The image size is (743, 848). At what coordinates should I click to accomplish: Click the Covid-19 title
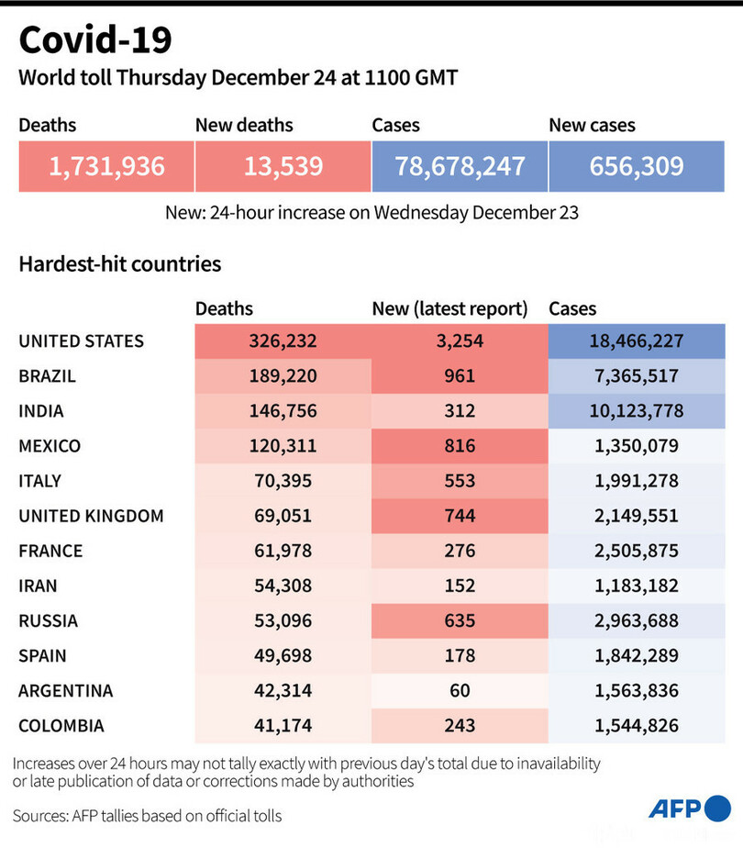(94, 40)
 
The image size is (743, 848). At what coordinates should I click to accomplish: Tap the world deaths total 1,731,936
(106, 166)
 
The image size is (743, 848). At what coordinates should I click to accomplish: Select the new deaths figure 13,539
(283, 166)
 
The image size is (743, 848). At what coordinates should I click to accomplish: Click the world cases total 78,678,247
(460, 166)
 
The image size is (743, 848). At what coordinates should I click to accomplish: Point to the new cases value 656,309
(637, 166)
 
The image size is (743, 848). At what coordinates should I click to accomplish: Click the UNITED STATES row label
(82, 341)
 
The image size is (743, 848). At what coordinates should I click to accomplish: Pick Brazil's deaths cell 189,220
(283, 376)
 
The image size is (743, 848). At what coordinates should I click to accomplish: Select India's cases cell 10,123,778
(637, 411)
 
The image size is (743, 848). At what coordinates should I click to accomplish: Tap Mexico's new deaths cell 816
(460, 446)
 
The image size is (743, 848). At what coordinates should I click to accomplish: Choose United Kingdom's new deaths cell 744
(460, 516)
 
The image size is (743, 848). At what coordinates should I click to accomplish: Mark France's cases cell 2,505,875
(637, 551)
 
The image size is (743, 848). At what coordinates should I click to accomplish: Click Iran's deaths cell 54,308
(283, 586)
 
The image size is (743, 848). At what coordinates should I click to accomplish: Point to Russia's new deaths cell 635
(460, 620)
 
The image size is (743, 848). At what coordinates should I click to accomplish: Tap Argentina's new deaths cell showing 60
(460, 690)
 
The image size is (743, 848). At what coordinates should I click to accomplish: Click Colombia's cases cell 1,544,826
(637, 725)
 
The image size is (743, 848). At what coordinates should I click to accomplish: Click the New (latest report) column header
(449, 309)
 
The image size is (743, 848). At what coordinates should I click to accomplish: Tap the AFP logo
(688, 809)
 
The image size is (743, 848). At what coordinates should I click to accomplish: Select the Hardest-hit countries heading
(120, 264)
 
